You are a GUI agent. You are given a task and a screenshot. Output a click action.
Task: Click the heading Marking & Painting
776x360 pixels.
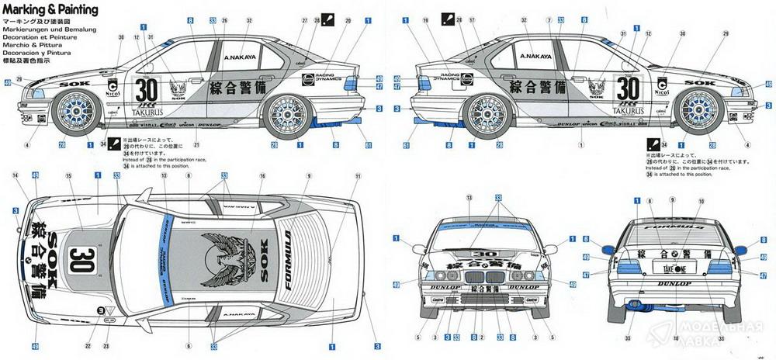click(x=51, y=9)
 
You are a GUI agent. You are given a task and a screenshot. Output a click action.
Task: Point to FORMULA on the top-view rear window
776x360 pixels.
click(x=288, y=260)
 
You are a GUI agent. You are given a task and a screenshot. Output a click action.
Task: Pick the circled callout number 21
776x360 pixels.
click(x=197, y=145)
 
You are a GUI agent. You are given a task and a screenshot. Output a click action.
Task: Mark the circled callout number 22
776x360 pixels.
click(x=89, y=345)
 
